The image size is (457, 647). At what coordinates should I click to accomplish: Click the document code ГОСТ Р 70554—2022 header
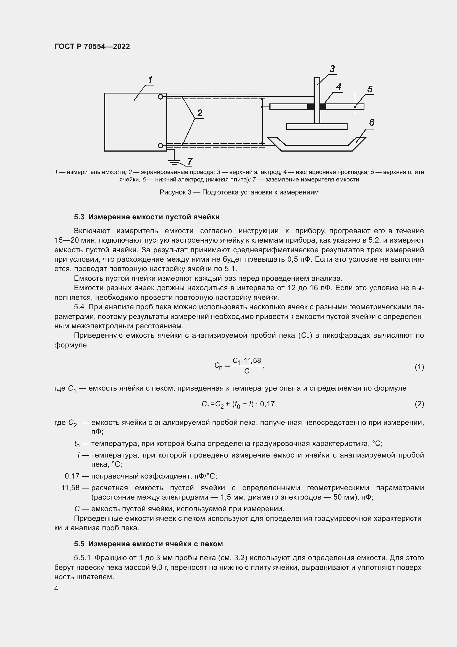point(92,46)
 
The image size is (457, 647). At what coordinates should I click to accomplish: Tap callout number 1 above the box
point(150,80)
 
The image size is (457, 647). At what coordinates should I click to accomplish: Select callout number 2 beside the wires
point(199,113)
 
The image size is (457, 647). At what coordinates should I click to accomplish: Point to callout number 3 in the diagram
point(332,69)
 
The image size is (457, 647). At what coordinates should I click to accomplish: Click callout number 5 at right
point(370,89)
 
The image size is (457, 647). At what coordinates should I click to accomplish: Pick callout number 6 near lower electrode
point(371,122)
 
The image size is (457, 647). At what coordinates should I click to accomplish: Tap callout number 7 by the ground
point(190,161)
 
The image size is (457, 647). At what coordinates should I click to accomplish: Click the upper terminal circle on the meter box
point(161,97)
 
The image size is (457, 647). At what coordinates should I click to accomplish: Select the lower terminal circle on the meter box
point(161,145)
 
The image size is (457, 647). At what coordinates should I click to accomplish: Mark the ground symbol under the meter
point(174,162)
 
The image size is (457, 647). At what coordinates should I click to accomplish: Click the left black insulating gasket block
point(310,107)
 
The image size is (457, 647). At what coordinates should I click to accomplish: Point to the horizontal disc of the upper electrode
point(317,126)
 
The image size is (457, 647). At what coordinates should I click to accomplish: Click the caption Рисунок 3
point(239,192)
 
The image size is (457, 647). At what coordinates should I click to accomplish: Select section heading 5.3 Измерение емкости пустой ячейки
point(147,217)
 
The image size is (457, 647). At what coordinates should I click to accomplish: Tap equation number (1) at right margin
point(419,367)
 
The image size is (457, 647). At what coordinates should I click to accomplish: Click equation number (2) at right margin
point(419,404)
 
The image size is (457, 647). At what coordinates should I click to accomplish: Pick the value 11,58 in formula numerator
point(253,361)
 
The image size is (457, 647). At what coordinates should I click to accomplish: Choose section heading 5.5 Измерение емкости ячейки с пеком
point(148,544)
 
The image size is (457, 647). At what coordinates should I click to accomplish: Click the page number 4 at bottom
point(56,588)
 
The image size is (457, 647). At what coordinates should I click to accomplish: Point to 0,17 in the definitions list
point(72,476)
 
